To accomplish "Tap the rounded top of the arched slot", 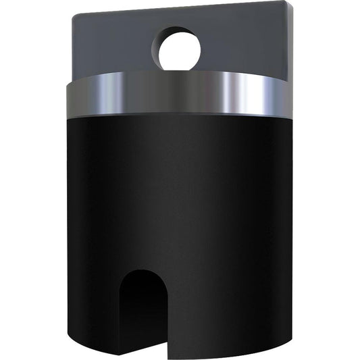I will click(x=143, y=272).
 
